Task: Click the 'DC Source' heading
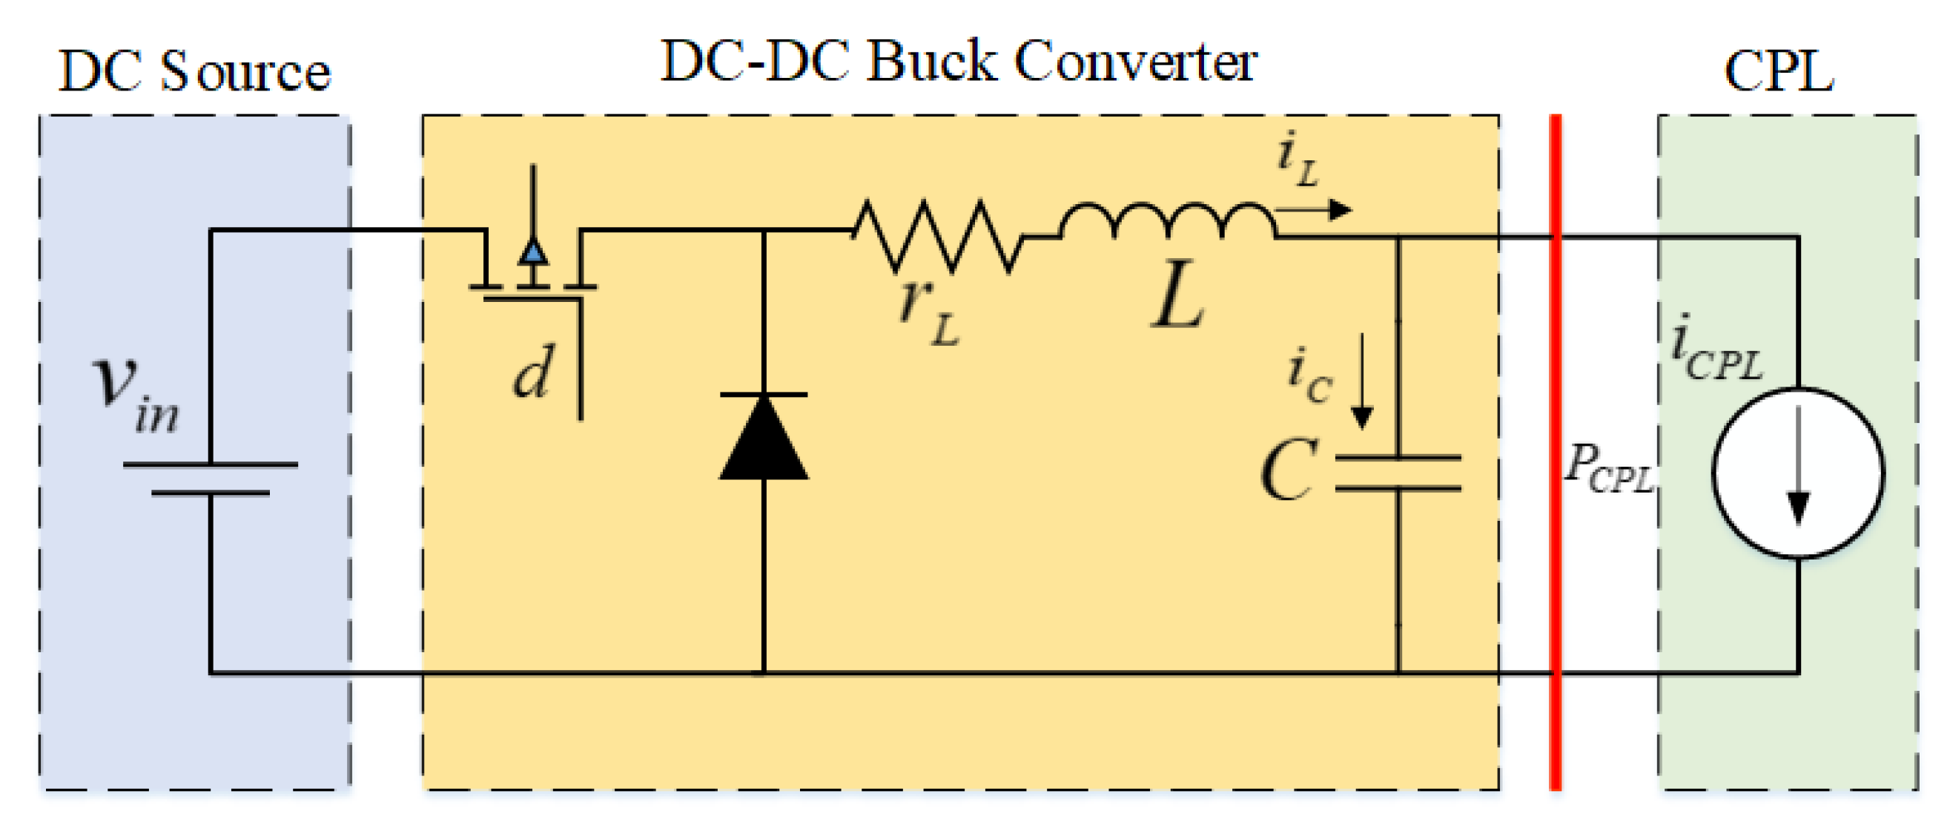(x=194, y=73)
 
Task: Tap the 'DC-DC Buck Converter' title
(x=959, y=62)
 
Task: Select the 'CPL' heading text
(x=1778, y=73)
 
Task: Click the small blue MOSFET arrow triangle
(x=533, y=252)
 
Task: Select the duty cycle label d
(x=533, y=371)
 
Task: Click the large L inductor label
(x=1178, y=295)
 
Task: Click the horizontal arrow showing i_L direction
(x=1314, y=210)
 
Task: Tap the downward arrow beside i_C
(x=1362, y=383)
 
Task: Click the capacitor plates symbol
(x=1398, y=473)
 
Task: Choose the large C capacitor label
(x=1289, y=471)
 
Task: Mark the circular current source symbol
(x=1798, y=473)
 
